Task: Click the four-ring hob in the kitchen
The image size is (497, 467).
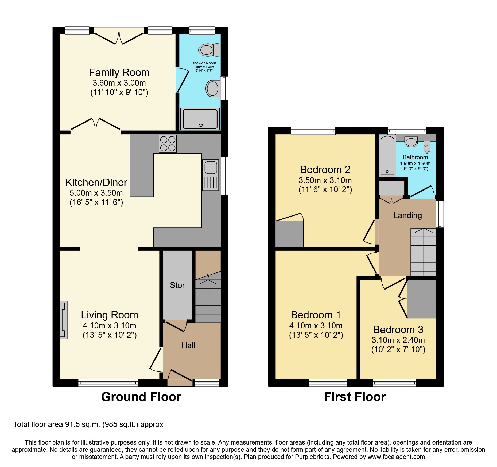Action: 168,144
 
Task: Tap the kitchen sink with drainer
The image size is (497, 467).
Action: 211,175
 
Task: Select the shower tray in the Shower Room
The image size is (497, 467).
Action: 200,119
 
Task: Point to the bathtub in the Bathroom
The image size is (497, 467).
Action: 387,156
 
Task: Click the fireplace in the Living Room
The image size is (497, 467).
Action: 64,320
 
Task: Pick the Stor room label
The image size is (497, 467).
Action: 177,285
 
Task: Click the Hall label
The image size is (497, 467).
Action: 188,345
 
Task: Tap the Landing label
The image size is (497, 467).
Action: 407,215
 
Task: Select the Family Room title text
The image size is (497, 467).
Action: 119,73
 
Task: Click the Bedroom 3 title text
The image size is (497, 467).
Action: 398,330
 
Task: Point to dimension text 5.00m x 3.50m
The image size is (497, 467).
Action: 96,193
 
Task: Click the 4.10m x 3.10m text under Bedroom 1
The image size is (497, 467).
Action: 316,326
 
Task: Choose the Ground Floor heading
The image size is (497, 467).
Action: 141,397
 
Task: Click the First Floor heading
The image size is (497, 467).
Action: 355,397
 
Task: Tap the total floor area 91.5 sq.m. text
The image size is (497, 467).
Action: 88,424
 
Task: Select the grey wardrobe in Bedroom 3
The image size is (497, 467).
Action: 422,299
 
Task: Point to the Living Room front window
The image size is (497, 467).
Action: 108,383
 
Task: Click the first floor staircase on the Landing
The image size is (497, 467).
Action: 423,252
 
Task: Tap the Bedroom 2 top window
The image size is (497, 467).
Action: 313,131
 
